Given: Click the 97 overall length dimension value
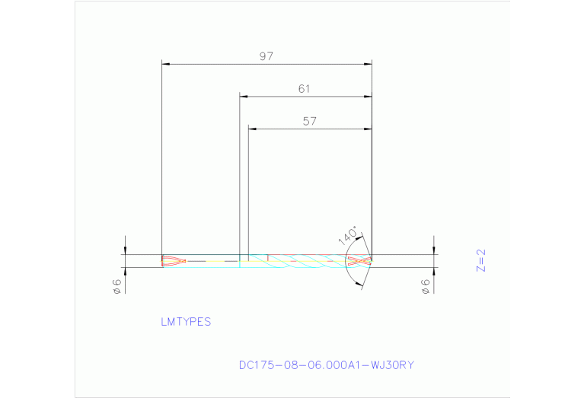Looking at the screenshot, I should click(x=266, y=56).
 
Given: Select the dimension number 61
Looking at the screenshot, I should click(x=305, y=89).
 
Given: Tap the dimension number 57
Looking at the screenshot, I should click(x=309, y=121).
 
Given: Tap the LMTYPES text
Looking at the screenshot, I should click(x=186, y=322).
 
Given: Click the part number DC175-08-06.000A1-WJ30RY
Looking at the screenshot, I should click(x=327, y=365).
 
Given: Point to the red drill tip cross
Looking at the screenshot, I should click(x=359, y=261).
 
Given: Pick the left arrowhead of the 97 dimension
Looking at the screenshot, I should click(x=166, y=64).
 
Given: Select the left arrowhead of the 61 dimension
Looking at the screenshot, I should click(x=244, y=97).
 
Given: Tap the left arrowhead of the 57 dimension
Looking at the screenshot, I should click(x=253, y=129).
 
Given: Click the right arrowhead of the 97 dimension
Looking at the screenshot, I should click(x=368, y=64).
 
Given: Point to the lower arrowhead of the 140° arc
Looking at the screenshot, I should click(x=359, y=285).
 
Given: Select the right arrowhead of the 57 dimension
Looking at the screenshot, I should click(x=368, y=129).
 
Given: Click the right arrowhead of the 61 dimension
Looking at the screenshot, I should click(x=368, y=97).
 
